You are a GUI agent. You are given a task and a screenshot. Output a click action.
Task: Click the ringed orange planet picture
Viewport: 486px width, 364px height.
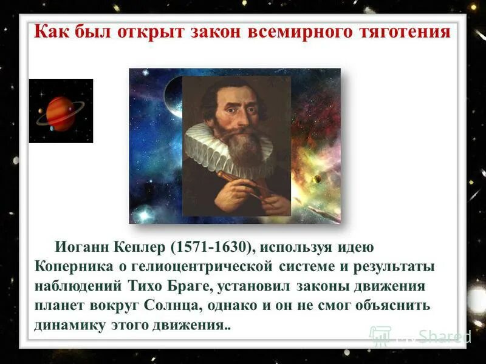tap(61, 111)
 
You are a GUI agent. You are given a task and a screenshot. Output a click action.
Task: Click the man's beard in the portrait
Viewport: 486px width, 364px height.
tap(242, 143)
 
